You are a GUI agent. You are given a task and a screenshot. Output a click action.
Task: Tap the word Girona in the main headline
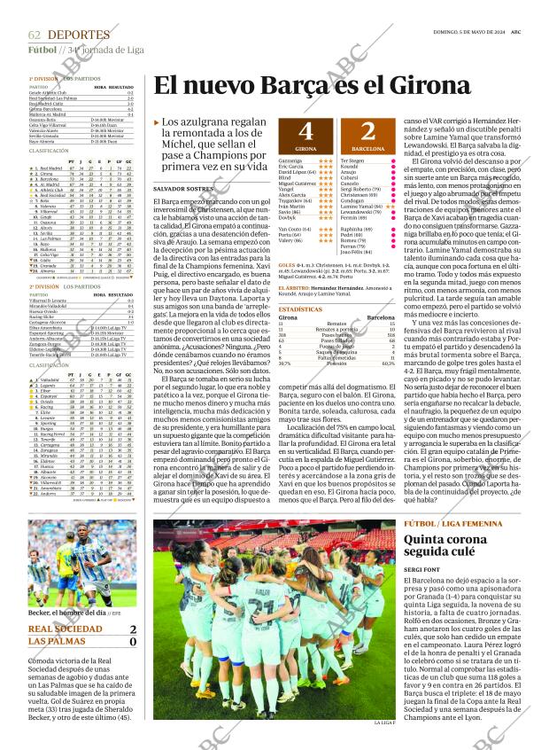pos(429,86)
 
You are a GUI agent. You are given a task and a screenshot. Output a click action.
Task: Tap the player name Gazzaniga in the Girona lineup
pos(291,161)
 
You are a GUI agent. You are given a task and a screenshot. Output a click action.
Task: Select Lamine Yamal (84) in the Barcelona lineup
pos(362,206)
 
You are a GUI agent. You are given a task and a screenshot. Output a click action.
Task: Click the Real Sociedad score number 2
pos(132,629)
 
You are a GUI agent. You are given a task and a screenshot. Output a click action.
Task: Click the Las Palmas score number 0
pos(132,642)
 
